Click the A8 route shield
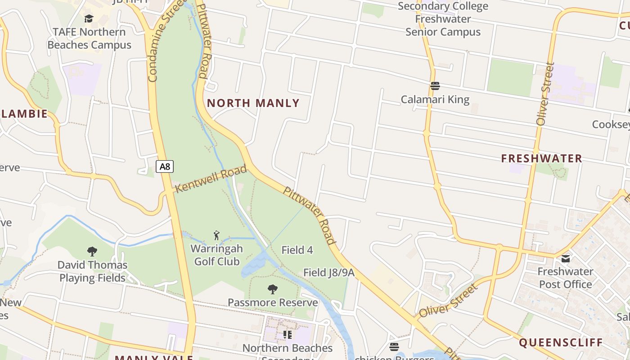pos(165,166)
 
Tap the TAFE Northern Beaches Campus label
pos(89,39)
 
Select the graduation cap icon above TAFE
pos(89,18)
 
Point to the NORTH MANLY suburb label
pos(253,103)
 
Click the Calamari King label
pos(435,99)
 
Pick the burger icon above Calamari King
pos(435,85)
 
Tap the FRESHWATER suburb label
pos(542,158)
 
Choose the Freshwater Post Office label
pos(565,278)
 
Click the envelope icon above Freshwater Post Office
pos(566,258)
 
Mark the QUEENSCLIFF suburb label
pos(561,342)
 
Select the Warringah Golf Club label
pos(216,255)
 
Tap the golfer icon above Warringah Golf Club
pos(216,235)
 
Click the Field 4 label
pos(297,250)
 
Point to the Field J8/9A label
pos(329,273)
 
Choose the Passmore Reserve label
pos(273,302)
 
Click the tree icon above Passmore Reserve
pos(272,289)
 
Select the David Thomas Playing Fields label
pos(92,271)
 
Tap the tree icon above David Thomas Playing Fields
pos(92,251)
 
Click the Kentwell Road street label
pos(211,179)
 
